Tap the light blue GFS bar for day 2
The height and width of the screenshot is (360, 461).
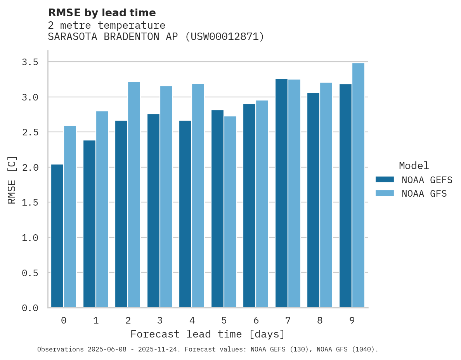coord(134,194)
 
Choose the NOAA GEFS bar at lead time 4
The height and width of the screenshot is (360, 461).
coord(185,214)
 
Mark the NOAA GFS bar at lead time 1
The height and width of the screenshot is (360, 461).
coord(102,209)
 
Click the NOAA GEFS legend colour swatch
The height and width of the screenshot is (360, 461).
coord(385,180)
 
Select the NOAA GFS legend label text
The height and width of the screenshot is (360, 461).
coord(424,194)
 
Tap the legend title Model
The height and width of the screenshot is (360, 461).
coord(414,166)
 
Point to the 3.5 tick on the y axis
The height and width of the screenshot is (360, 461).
coord(29,62)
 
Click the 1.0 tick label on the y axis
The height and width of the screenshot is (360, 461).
coord(29,238)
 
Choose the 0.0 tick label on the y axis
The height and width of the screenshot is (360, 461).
coord(29,308)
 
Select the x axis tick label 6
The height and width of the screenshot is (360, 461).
coord(256,320)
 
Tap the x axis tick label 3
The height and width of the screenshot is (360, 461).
coord(159,320)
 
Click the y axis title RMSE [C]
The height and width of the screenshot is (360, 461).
coord(12,180)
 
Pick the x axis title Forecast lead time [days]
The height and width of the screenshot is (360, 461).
coord(208,334)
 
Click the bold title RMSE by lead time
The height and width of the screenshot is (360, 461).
coord(102,13)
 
